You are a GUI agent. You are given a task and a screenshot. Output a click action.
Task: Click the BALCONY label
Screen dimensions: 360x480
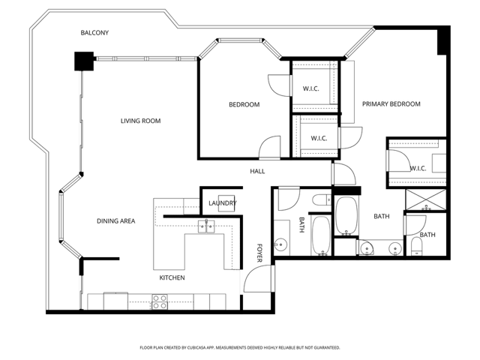coord(95,32)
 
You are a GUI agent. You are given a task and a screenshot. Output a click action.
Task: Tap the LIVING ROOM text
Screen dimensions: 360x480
coord(141,121)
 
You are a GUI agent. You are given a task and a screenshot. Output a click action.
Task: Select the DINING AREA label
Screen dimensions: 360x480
coord(115,220)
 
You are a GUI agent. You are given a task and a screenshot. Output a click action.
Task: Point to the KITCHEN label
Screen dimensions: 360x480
coord(172,278)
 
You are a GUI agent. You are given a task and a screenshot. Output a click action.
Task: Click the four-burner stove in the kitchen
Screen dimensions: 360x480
coord(160,301)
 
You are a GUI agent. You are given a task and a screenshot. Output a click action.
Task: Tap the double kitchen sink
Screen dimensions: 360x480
coord(206,226)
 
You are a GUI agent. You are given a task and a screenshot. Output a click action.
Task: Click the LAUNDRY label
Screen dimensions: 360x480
coord(223,203)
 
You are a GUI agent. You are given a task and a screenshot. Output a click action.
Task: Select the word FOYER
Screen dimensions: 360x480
coord(259,253)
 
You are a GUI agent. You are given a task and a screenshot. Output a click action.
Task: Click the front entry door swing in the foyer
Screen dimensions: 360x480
coord(255,281)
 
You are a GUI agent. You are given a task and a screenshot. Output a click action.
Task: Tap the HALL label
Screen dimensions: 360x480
coord(257,171)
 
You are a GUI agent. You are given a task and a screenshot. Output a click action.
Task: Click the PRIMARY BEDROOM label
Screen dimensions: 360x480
coord(391,104)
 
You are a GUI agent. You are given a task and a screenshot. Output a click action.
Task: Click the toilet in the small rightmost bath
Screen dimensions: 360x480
coord(416,246)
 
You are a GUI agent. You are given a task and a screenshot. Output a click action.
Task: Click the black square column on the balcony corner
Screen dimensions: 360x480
coord(83,61)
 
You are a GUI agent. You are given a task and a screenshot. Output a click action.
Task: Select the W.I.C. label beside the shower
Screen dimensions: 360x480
coord(418,168)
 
